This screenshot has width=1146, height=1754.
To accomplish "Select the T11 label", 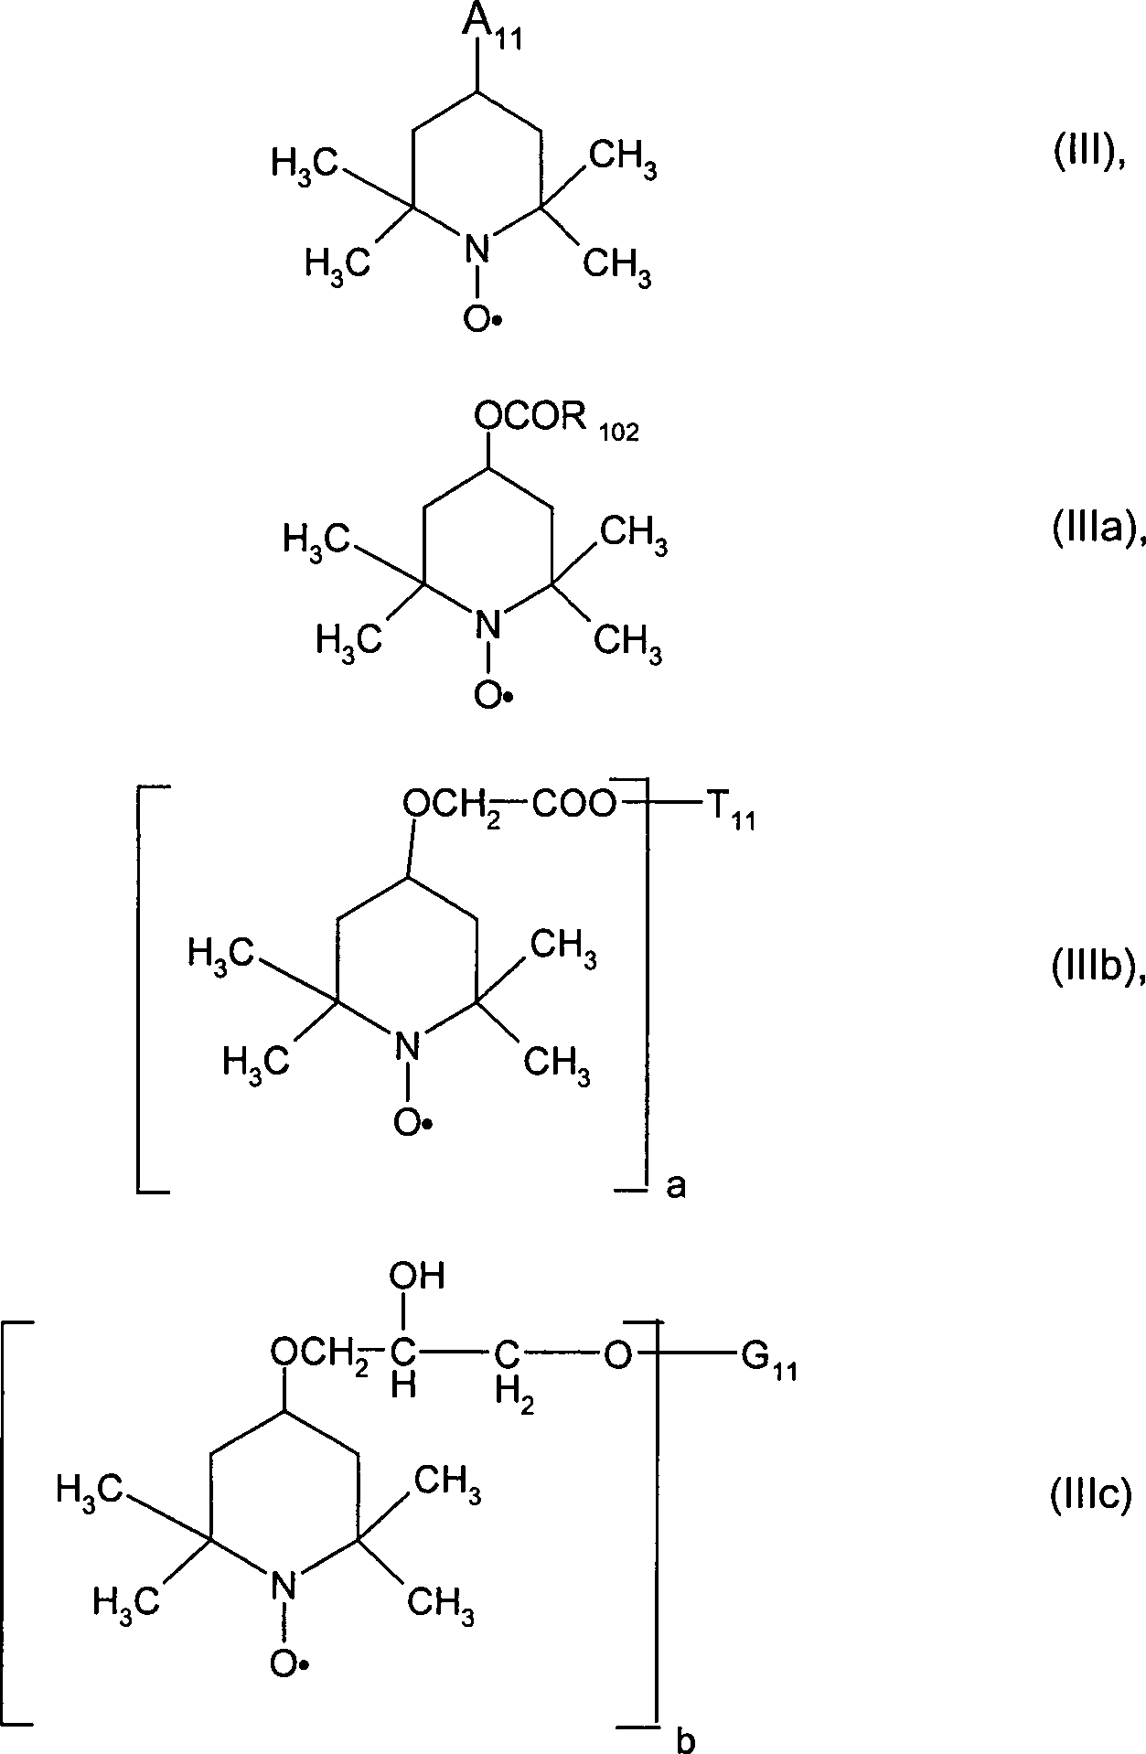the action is (728, 810).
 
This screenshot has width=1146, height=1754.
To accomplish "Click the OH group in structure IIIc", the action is (416, 1276).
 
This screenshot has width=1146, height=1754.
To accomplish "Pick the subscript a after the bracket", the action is (676, 1186).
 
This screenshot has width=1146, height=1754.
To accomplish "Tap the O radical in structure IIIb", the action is (413, 1121).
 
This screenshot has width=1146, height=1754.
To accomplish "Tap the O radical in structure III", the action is (482, 318).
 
